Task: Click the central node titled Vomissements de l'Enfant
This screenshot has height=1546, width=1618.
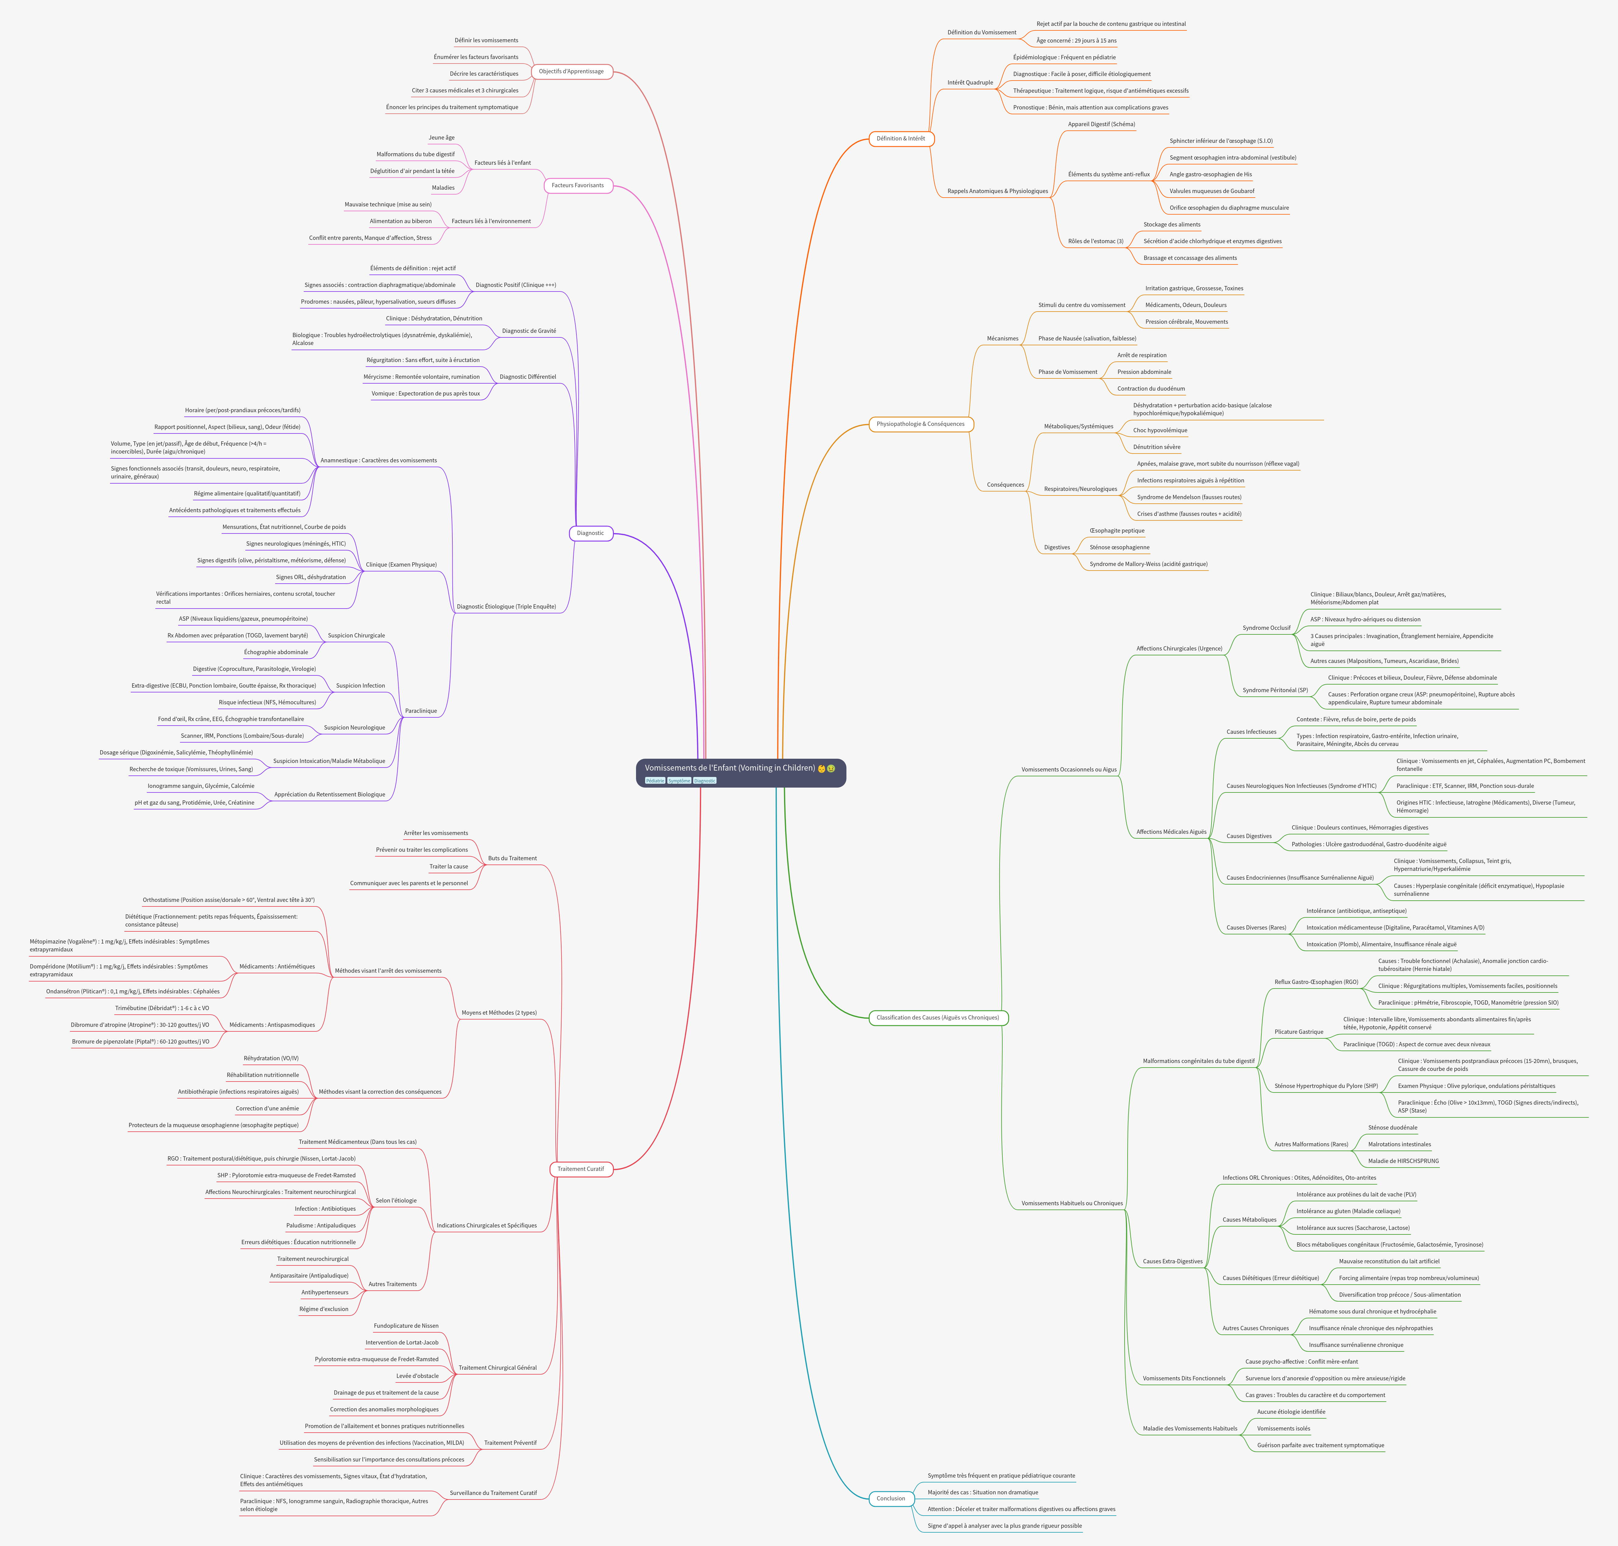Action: (729, 768)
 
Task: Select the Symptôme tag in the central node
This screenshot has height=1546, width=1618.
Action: (679, 780)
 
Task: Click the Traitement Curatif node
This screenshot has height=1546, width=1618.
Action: (580, 1168)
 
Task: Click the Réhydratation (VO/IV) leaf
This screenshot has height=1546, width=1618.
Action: (271, 1058)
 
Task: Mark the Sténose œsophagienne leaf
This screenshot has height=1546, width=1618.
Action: (1118, 547)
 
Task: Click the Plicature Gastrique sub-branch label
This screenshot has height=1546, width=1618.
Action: (1298, 1032)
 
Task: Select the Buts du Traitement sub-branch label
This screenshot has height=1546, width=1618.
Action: (512, 858)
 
